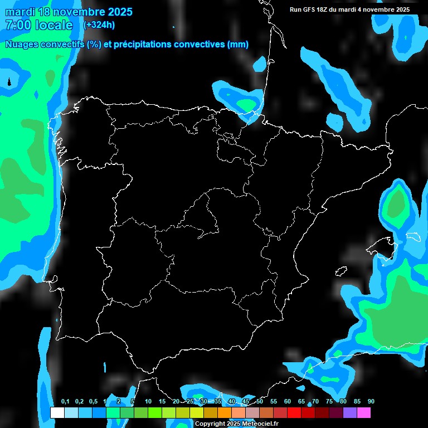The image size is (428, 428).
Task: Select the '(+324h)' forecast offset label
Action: click(99, 25)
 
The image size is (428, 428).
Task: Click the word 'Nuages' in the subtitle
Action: click(23, 45)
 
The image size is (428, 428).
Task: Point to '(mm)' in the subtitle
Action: click(238, 45)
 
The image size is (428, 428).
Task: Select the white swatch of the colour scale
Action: click(57, 412)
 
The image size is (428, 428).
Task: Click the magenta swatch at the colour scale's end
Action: click(363, 412)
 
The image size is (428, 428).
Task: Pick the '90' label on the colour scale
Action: click(371, 402)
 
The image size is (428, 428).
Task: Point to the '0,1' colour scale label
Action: click(65, 402)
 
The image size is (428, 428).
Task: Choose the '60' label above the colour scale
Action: click(288, 402)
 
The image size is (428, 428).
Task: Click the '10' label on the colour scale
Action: click(148, 402)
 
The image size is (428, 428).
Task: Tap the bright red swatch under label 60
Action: click(294, 412)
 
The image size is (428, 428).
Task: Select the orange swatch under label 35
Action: click(224, 412)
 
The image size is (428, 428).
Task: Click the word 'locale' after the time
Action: click(53, 25)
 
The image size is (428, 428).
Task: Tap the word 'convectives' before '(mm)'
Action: click(198, 45)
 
